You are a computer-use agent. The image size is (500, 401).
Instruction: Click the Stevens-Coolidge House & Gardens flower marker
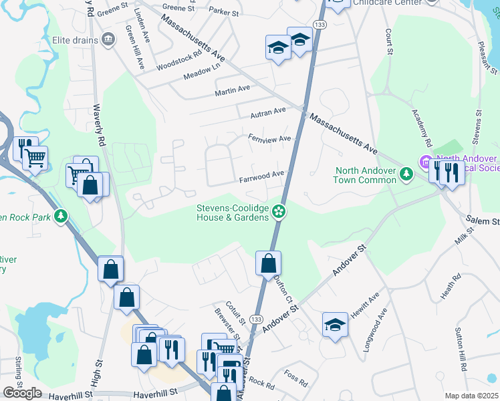pyautogui.click(x=279, y=212)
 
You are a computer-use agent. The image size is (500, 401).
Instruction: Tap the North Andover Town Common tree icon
pyautogui.click(x=405, y=174)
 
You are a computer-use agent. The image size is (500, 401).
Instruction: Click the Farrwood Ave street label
pyautogui.click(x=262, y=176)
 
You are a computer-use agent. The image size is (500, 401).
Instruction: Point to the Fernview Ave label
pyautogui.click(x=269, y=139)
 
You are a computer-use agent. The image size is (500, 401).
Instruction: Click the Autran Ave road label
pyautogui.click(x=267, y=113)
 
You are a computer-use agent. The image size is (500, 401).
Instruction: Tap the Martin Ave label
pyautogui.click(x=232, y=88)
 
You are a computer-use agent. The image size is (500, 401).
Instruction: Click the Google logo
pyautogui.click(x=22, y=393)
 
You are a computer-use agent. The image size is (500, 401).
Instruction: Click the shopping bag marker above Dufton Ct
pyautogui.click(x=268, y=263)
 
